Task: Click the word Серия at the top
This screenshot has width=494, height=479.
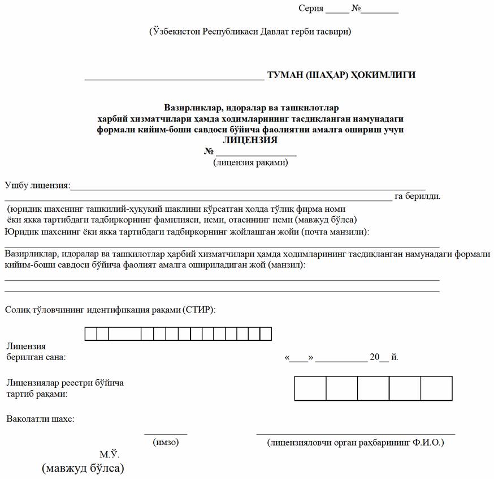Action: [x=311, y=9]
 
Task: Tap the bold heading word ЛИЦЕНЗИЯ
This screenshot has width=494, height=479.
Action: [x=250, y=140]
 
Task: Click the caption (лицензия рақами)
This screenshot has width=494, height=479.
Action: [x=251, y=163]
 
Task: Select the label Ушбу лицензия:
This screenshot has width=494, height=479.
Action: [x=37, y=185]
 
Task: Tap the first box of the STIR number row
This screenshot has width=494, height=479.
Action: [x=91, y=334]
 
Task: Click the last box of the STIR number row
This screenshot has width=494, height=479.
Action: [x=266, y=334]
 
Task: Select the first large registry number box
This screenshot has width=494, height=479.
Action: [x=310, y=388]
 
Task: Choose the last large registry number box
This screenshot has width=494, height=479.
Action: [x=436, y=388]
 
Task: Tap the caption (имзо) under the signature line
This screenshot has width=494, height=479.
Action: [x=166, y=442]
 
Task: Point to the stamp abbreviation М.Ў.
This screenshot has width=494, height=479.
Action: [x=110, y=455]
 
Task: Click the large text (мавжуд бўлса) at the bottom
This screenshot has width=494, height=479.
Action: [x=83, y=469]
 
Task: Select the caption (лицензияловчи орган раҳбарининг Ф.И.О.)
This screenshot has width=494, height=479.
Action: [x=356, y=442]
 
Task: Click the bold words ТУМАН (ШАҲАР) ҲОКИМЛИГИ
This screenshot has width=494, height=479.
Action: [x=341, y=75]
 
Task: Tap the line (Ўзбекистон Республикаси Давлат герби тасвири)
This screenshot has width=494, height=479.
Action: [x=250, y=32]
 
